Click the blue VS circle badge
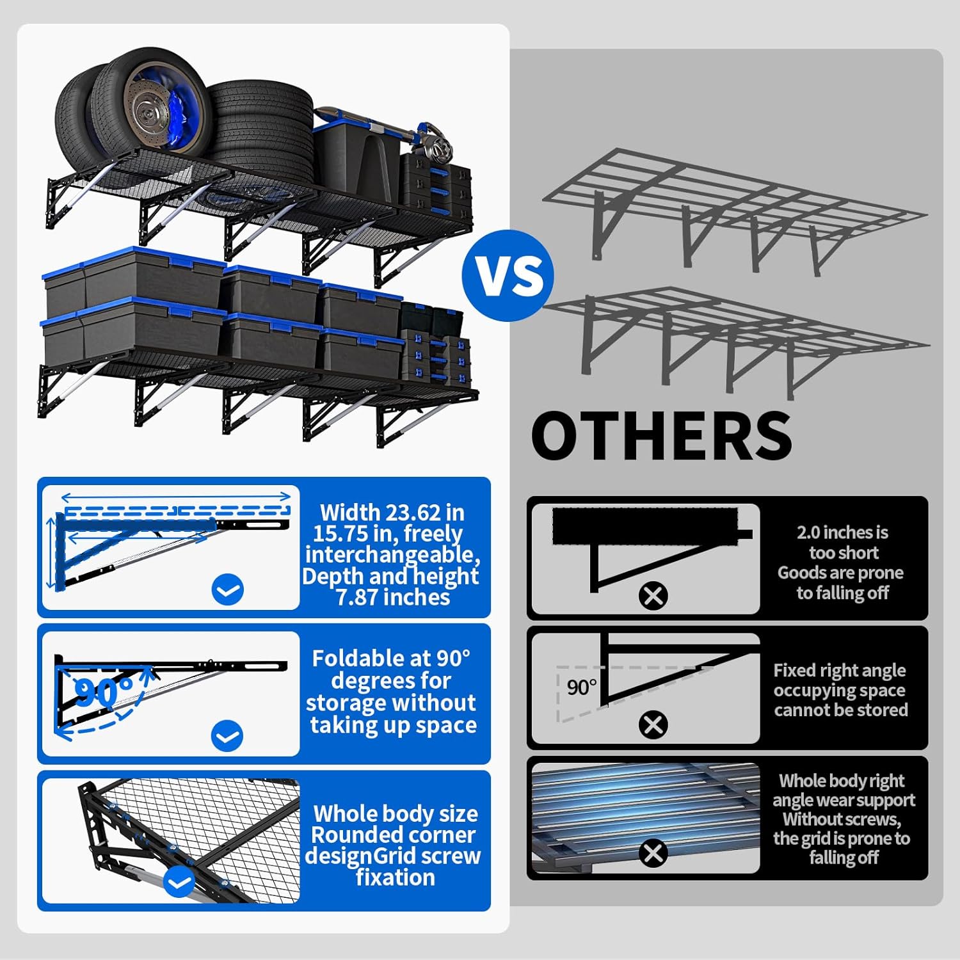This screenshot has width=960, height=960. point(508,275)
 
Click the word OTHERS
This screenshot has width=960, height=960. point(662,435)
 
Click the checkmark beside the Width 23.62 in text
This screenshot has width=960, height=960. point(227,589)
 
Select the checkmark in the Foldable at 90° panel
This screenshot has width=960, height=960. point(227,735)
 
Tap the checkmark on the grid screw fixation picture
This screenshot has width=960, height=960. point(179,883)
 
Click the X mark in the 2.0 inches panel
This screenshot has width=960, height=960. point(653,596)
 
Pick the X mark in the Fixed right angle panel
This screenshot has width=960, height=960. point(653,725)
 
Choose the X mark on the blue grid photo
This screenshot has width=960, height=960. point(653,853)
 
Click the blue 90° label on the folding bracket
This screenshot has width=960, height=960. point(103,691)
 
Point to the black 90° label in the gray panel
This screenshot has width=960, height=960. point(581,687)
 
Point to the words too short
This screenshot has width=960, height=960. point(844,552)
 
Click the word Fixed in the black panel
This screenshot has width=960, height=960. point(793,670)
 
